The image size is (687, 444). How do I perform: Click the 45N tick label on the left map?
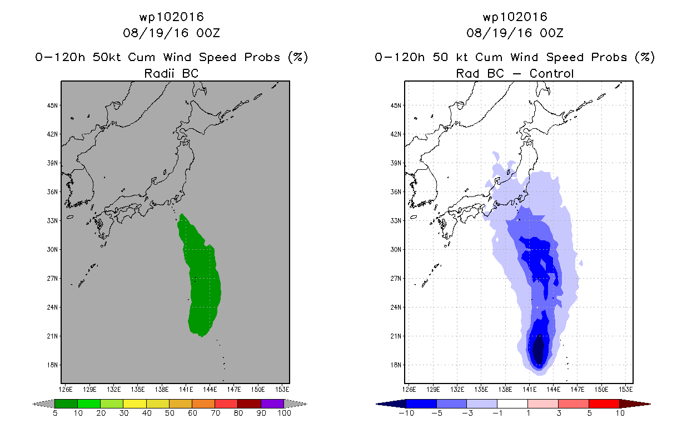click(x=52, y=105)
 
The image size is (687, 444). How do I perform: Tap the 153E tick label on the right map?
click(x=625, y=390)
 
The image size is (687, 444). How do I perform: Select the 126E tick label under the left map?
click(x=66, y=390)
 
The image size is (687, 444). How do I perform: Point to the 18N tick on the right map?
click(x=396, y=365)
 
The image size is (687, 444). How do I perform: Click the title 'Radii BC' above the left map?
click(x=171, y=73)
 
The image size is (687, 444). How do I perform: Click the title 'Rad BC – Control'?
click(x=515, y=73)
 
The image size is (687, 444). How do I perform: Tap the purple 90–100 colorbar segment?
click(x=272, y=403)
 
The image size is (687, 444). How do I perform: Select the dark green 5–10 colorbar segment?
click(x=66, y=403)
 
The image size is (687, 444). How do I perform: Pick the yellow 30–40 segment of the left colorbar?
click(x=135, y=403)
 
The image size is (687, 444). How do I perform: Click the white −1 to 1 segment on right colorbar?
click(x=512, y=403)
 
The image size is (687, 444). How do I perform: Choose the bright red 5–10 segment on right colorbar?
click(x=604, y=403)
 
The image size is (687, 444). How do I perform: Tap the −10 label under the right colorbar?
click(x=406, y=413)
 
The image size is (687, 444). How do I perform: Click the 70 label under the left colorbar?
click(x=215, y=413)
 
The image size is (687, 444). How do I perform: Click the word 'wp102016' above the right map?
click(x=515, y=17)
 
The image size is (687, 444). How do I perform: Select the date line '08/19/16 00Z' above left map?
click(x=171, y=33)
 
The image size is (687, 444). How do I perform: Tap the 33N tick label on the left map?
click(x=52, y=221)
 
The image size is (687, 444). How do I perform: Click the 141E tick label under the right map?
click(x=529, y=390)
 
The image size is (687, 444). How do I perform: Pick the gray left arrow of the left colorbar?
click(x=43, y=404)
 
